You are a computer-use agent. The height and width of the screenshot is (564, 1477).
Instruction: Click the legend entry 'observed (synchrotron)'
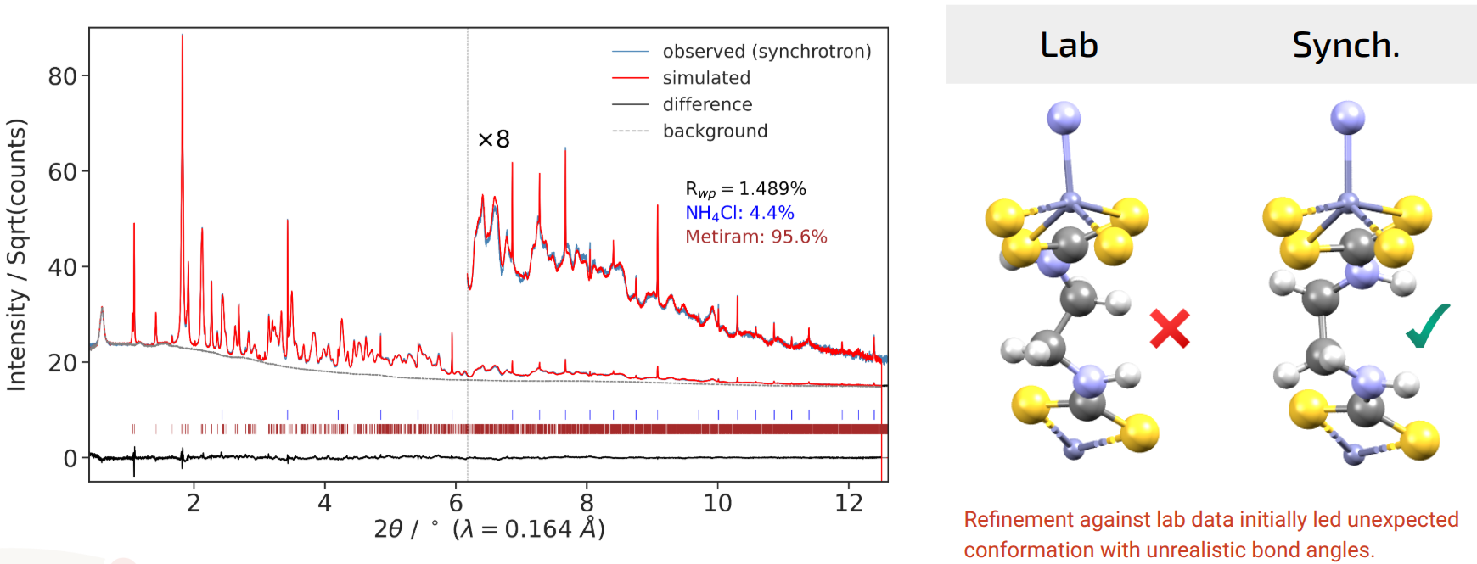[x=767, y=52]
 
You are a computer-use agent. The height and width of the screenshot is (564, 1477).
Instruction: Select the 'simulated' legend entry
[x=706, y=78]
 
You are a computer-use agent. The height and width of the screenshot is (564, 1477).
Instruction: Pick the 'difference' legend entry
[x=707, y=104]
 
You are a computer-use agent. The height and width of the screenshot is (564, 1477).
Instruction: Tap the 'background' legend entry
[x=715, y=131]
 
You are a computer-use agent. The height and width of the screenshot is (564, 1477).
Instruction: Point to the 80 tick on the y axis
[x=63, y=77]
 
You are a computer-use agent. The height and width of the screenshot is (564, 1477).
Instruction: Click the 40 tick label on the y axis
[x=63, y=268]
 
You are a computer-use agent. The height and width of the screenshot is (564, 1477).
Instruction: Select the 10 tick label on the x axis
[x=717, y=504]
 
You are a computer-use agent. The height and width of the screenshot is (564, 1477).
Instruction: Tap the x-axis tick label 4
[x=324, y=504]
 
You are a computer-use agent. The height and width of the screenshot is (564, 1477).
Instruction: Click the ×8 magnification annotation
[x=494, y=139]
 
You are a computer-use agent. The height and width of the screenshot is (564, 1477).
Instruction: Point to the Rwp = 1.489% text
[x=745, y=189]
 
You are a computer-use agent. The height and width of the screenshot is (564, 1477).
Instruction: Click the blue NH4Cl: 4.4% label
[x=739, y=213]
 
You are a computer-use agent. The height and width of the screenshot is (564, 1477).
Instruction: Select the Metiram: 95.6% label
[x=755, y=237]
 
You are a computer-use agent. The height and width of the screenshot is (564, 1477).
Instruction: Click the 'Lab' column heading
[x=1069, y=45]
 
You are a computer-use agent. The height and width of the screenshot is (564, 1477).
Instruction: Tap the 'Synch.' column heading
[x=1345, y=45]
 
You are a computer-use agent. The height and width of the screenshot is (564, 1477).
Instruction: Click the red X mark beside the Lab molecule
[x=1170, y=329]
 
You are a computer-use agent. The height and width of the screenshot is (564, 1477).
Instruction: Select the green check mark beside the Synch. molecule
[x=1428, y=327]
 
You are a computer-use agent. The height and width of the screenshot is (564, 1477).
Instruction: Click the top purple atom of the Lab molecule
[x=1064, y=118]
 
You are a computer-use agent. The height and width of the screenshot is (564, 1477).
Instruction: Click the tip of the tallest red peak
[x=182, y=36]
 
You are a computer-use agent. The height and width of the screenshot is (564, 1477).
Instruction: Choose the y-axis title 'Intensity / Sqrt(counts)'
[x=17, y=254]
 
